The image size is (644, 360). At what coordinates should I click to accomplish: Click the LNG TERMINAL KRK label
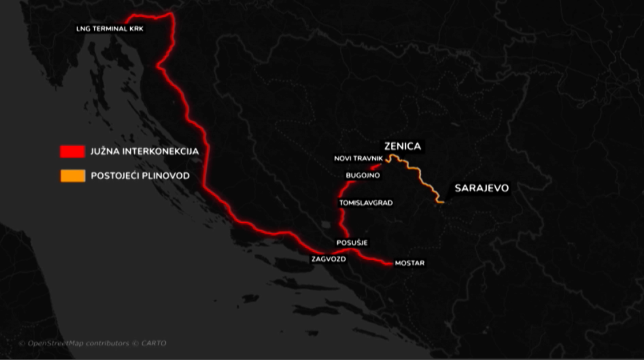click(x=111, y=29)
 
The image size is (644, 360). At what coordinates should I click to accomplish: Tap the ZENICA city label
click(x=402, y=146)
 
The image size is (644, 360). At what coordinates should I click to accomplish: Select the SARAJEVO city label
click(x=481, y=188)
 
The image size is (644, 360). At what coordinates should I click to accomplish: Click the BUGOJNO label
click(x=362, y=176)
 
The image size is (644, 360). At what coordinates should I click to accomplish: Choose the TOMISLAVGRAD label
click(x=366, y=203)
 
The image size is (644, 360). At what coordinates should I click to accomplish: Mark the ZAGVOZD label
click(x=329, y=259)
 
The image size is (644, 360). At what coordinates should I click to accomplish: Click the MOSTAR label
click(x=409, y=263)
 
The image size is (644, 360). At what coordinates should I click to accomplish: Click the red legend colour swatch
click(x=72, y=151)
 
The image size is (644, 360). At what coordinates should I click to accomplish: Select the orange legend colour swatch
click(x=72, y=176)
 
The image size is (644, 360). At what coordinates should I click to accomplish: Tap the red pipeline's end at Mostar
click(x=389, y=263)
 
